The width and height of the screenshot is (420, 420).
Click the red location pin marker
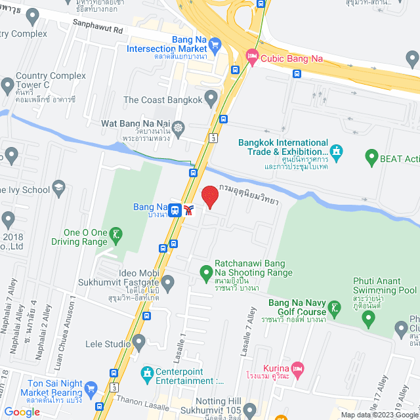click(x=209, y=196)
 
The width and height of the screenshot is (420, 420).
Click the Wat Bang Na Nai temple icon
click(x=179, y=123)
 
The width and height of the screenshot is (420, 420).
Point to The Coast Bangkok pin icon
click(x=211, y=100)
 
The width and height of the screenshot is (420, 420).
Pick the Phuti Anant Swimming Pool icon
click(x=368, y=318)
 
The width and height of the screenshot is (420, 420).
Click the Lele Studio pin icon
click(x=138, y=343)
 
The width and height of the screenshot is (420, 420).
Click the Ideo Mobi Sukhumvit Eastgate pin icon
click(x=168, y=283)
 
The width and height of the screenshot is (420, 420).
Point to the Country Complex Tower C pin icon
click(x=7, y=85)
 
